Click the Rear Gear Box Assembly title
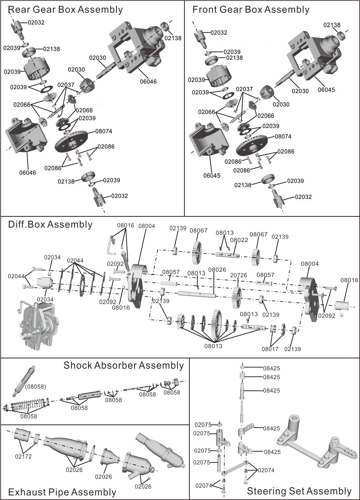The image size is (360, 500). pos(65,10)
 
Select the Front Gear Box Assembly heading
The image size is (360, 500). pos(251,10)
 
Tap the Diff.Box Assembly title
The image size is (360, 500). pos(50,225)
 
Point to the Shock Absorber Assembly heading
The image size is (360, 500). pos(124,365)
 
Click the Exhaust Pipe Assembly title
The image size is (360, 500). pos(62,492)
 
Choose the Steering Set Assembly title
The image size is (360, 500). pos(299,491)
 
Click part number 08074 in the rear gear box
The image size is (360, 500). pos(104,131)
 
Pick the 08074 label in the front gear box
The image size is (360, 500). pos(283,137)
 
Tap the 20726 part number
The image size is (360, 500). pos(239,275)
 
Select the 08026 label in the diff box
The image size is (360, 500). pos(217,270)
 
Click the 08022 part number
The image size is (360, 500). pos(239,240)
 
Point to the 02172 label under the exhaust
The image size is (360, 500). pos(23,456)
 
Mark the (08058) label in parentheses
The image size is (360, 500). pos(36,387)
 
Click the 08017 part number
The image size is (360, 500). pos(270,349)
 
